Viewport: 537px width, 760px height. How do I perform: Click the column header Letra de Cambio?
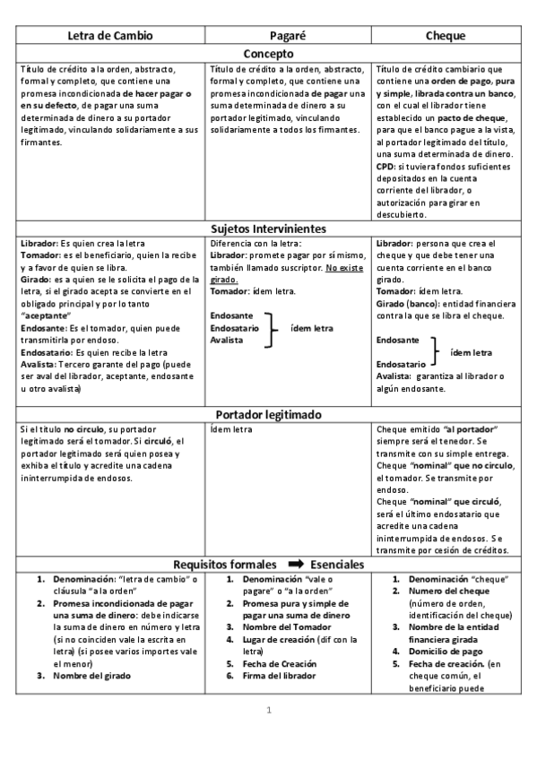(x=111, y=35)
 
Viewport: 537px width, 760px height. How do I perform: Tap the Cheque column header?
(x=445, y=35)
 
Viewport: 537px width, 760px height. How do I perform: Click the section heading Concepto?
(x=268, y=52)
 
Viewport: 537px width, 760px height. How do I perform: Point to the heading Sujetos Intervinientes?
(x=268, y=229)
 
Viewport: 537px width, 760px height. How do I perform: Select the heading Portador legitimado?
(x=268, y=414)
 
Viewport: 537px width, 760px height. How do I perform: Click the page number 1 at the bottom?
(x=268, y=711)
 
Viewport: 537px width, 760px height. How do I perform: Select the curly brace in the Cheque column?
(x=435, y=352)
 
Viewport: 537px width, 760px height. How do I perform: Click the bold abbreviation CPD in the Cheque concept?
(x=386, y=167)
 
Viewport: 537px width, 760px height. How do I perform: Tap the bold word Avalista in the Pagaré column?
(x=227, y=341)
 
